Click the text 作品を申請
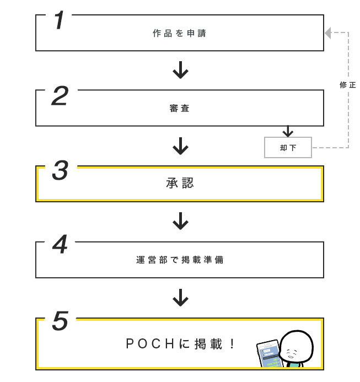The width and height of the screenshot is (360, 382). click(x=180, y=33)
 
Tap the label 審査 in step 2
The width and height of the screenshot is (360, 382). click(x=180, y=109)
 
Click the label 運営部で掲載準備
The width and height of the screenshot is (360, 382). click(x=180, y=259)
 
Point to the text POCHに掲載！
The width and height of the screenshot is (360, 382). click(x=180, y=345)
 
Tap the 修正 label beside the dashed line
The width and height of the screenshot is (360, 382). click(x=348, y=85)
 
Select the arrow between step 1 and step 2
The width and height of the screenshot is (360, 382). click(x=180, y=71)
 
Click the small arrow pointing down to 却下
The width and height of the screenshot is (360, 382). click(x=287, y=132)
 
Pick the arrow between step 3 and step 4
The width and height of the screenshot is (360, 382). click(x=180, y=222)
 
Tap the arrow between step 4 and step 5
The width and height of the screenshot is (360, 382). click(x=180, y=297)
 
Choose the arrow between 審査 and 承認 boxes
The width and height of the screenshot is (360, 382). click(x=180, y=146)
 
